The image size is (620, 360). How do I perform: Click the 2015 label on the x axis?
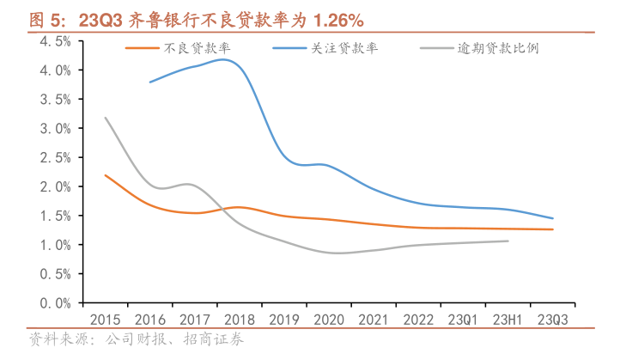point(105,318)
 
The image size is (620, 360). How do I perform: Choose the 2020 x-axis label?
point(328,318)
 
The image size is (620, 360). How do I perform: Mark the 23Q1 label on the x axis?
point(463,318)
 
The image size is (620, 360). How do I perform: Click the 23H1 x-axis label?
point(508,318)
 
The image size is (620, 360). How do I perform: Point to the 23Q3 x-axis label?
point(552,318)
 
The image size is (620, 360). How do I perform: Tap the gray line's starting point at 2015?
point(105,118)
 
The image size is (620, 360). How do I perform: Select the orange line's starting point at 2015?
point(105,175)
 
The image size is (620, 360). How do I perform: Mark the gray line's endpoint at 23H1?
point(508,241)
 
